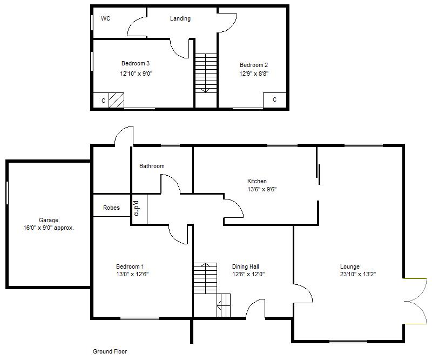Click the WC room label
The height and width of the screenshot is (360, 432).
(x=105, y=18)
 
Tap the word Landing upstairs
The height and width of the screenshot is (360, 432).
(x=180, y=18)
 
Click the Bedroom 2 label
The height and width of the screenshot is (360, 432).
(x=254, y=65)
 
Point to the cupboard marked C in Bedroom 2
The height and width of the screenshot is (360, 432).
(x=274, y=100)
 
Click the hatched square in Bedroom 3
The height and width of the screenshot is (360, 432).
(x=116, y=100)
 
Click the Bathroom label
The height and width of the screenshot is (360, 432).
(x=152, y=166)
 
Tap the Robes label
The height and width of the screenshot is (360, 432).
(x=111, y=208)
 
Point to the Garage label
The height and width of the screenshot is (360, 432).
(x=48, y=220)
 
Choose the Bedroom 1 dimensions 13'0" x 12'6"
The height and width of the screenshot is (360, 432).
(x=132, y=274)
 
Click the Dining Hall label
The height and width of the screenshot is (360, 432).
(x=246, y=266)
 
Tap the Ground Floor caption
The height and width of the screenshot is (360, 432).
(x=110, y=351)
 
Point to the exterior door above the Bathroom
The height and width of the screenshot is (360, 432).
(x=124, y=136)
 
